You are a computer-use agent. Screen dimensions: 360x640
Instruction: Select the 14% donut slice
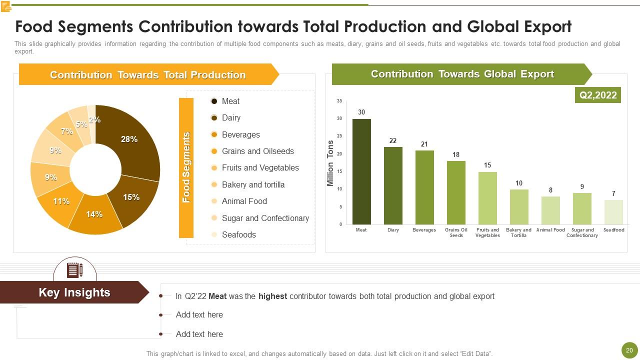tap(95, 216)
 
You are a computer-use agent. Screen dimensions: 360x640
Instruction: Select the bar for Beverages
tap(424, 187)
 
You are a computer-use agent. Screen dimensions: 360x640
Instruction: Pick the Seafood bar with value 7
tap(613, 212)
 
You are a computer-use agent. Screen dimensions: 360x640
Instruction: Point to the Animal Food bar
tap(550, 210)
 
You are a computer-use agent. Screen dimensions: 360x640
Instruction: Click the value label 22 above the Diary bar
tap(393, 140)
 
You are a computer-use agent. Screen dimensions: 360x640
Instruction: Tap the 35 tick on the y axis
tap(339, 101)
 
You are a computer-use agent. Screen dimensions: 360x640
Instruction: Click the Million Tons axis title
tap(330, 163)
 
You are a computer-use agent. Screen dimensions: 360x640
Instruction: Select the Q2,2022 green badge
tap(598, 95)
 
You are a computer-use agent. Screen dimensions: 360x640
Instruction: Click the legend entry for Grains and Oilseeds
tap(257, 151)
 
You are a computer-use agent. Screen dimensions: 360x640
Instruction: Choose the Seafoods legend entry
tap(238, 234)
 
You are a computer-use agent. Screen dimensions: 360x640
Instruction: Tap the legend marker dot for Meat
tap(214, 101)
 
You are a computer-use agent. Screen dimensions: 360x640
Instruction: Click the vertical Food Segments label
tap(186, 167)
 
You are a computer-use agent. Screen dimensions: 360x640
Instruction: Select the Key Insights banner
tap(74, 292)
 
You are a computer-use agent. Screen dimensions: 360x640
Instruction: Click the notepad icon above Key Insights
tap(75, 270)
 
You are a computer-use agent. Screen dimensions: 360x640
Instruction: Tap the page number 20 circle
tap(629, 350)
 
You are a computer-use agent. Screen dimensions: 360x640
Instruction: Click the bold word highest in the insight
tap(272, 296)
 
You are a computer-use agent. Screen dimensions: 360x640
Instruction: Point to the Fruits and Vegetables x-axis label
tap(487, 232)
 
